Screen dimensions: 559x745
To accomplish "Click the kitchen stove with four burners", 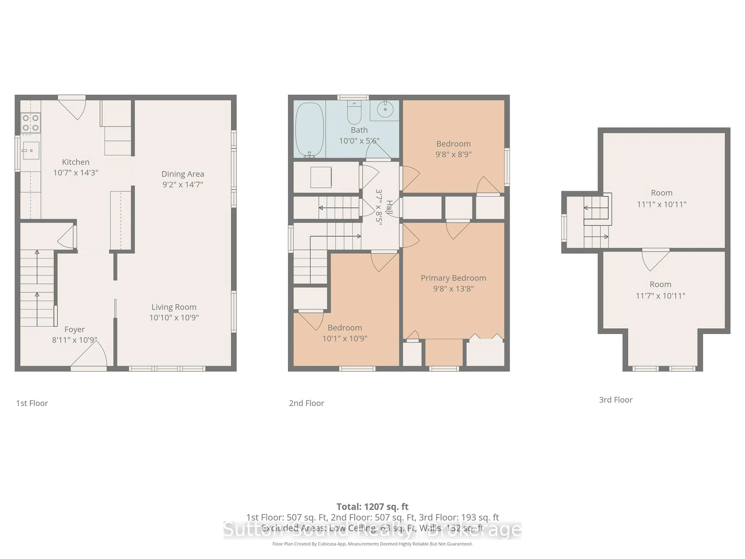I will point(30,123).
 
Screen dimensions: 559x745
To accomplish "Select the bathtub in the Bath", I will point(309,130).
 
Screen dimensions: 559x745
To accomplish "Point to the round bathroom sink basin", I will point(385,109).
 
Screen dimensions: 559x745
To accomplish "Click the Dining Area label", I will point(183,174).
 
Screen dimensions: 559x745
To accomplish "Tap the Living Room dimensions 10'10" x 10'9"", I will point(174,317).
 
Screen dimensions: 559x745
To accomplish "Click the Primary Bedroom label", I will point(453,278).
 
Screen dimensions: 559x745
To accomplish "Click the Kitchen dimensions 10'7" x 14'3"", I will point(76,173).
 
